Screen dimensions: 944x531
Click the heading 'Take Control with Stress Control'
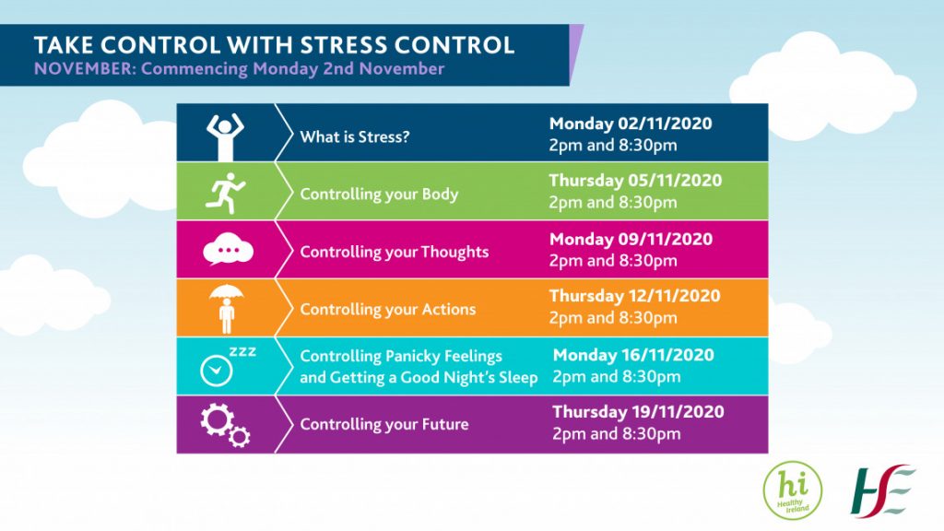[x=274, y=45]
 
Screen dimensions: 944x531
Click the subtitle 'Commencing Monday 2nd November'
[x=292, y=68]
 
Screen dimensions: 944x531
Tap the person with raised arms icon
[x=225, y=136]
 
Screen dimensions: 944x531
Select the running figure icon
[x=225, y=194]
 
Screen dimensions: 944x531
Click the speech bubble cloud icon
[x=228, y=249]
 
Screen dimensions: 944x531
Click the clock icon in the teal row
[x=216, y=371]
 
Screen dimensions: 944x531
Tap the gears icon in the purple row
[x=225, y=425]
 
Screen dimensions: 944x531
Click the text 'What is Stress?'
[x=355, y=136]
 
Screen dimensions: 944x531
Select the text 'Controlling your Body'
[x=379, y=195]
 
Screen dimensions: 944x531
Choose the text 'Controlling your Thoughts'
[x=395, y=252]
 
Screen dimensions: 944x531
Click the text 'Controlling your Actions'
[x=388, y=310]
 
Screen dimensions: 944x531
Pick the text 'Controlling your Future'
[x=384, y=424]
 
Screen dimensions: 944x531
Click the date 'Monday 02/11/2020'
[x=631, y=124]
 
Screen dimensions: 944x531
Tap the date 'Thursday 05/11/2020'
[x=635, y=181]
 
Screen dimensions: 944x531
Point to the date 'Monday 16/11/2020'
[x=633, y=355]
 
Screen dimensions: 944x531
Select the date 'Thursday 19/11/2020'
[x=638, y=412]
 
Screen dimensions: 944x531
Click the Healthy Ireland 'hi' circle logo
[x=792, y=490]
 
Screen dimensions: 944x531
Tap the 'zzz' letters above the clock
[x=242, y=351]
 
